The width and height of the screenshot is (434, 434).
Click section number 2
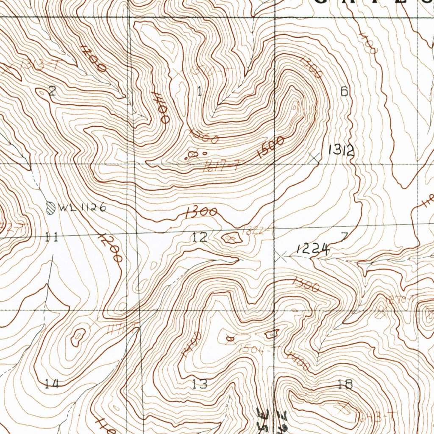tap(52, 91)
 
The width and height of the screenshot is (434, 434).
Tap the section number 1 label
tap(199, 91)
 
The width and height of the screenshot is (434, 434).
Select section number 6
tap(344, 91)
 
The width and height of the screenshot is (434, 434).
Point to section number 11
tap(51, 237)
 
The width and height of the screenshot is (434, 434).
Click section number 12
tap(199, 237)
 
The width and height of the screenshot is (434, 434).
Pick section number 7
tap(344, 236)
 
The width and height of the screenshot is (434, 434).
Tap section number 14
tap(52, 384)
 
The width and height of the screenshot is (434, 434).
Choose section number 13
tap(199, 384)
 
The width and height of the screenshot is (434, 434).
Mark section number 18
tap(345, 384)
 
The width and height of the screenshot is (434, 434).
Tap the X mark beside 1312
tap(314, 157)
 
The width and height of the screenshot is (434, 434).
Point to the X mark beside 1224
tap(281, 256)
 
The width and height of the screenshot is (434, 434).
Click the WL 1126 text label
tap(82, 208)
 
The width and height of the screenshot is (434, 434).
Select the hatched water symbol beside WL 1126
tap(51, 208)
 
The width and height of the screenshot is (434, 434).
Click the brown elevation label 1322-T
tap(255, 231)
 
